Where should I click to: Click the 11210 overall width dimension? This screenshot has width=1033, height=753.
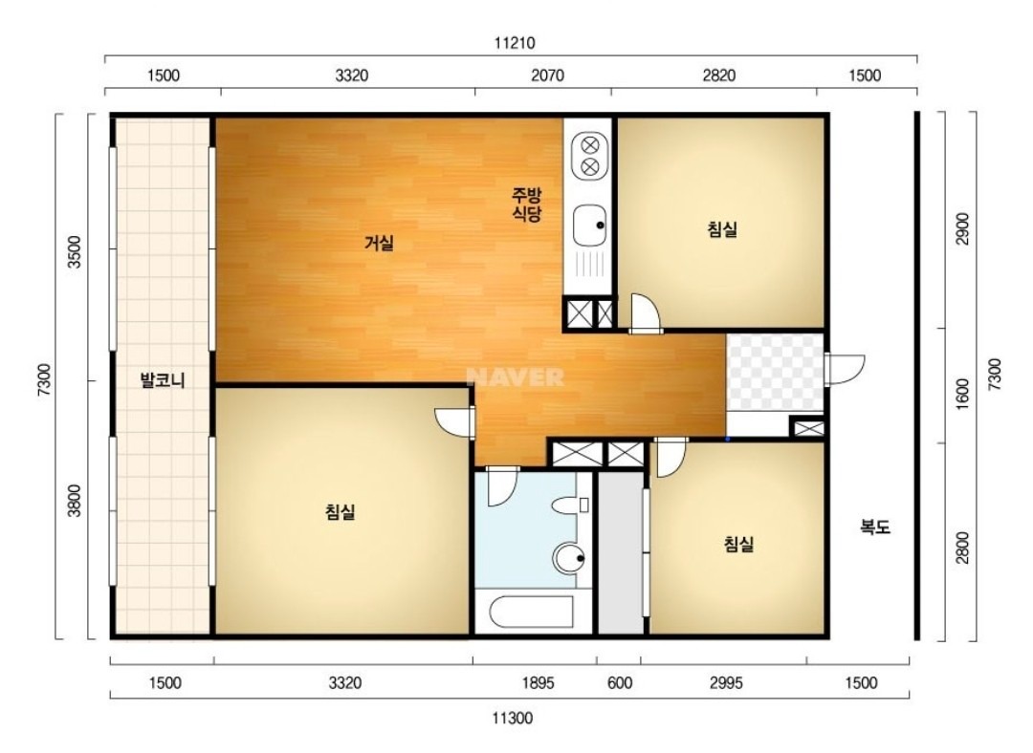tap(515, 43)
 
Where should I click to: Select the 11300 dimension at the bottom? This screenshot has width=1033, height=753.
tap(512, 718)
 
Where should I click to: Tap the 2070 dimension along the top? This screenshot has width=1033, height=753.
tap(547, 75)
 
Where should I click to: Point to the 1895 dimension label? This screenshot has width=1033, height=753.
tap(538, 683)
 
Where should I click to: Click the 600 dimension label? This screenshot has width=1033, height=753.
tap(619, 683)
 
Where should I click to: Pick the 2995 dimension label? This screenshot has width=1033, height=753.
tap(726, 683)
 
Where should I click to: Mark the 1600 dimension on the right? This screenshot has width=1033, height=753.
tap(962, 393)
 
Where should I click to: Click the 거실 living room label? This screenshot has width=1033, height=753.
tap(379, 243)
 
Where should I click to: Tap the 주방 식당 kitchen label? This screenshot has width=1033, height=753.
tap(527, 204)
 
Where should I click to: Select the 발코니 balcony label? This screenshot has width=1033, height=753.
tap(163, 380)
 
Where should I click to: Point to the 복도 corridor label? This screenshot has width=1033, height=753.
tap(875, 527)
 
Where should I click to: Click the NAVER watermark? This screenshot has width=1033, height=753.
tap(516, 377)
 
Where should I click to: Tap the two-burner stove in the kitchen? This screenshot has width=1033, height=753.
tap(589, 156)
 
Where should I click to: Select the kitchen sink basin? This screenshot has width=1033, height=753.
tap(589, 225)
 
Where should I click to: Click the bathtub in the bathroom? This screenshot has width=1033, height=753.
tap(532, 613)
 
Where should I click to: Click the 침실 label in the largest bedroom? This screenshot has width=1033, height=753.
tap(340, 511)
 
